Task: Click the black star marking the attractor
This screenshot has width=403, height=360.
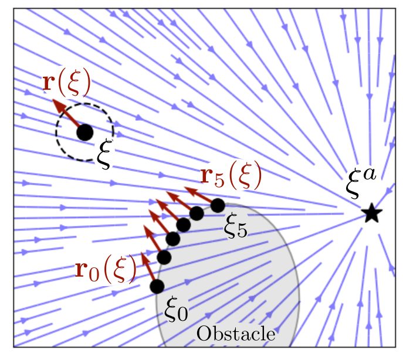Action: [372, 213]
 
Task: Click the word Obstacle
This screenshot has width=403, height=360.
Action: [236, 334]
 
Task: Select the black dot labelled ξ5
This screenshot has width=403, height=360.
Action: [218, 205]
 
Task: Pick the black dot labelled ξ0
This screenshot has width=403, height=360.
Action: [157, 286]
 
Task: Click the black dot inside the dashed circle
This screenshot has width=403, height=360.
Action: [85, 133]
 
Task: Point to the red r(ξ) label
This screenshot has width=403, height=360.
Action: [66, 83]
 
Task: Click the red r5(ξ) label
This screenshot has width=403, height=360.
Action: [231, 175]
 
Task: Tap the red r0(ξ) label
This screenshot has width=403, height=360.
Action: [106, 270]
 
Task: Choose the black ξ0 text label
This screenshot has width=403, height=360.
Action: [177, 310]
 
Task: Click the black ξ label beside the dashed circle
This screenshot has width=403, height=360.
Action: [104, 154]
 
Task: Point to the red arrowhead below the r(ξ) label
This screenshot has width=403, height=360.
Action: [58, 105]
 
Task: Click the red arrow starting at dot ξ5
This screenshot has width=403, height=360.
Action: [199, 195]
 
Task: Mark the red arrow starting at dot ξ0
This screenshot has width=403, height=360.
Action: [148, 266]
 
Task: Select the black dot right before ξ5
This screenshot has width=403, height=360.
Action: [197, 213]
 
